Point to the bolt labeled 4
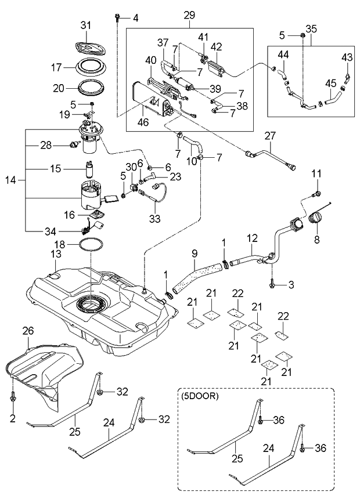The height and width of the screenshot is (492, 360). [118, 17]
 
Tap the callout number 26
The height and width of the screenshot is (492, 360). [28, 331]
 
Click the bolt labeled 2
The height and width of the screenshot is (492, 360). [13, 399]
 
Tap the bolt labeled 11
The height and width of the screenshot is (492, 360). [318, 192]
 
